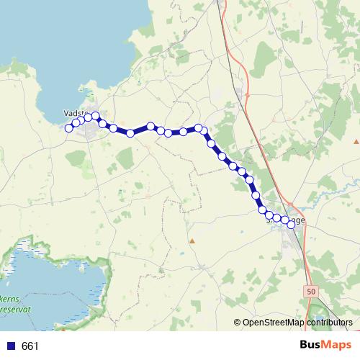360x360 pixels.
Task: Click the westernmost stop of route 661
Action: [69, 128]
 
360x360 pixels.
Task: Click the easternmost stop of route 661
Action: [291, 225]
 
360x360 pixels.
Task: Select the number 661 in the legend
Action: [30, 346]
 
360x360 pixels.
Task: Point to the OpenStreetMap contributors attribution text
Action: [297, 323]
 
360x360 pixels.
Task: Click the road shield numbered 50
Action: [310, 292]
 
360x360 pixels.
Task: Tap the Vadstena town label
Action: [76, 113]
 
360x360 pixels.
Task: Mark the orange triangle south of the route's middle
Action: [192, 240]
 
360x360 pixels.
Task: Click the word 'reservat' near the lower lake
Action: [16, 308]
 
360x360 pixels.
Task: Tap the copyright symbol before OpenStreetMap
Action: [238, 323]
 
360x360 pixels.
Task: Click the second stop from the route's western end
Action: [76, 123]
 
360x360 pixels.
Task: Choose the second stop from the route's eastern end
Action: [284, 220]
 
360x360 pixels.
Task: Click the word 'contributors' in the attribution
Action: [328, 323]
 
